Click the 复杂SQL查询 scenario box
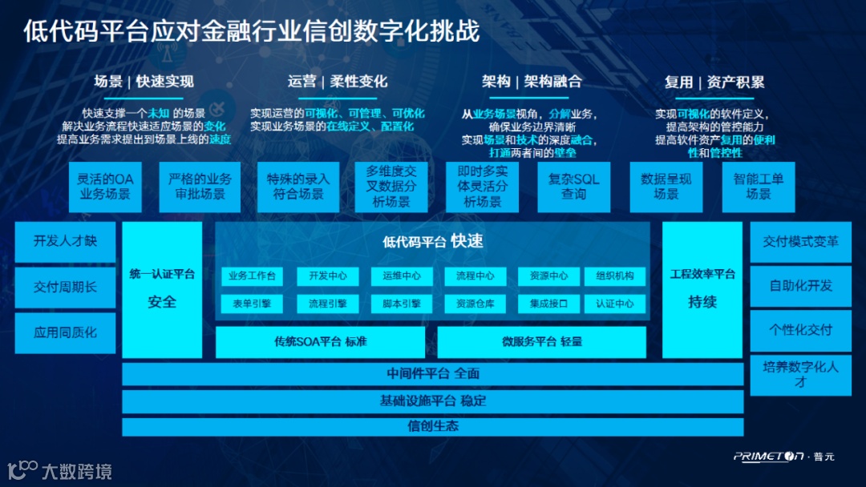click(x=573, y=187)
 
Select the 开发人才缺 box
click(x=65, y=241)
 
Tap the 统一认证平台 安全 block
click(x=162, y=289)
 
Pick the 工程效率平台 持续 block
click(x=702, y=289)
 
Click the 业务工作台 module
click(x=252, y=276)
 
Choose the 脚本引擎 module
click(x=401, y=304)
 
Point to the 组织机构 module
click(x=615, y=276)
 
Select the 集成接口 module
click(x=548, y=304)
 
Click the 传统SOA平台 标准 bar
click(x=320, y=342)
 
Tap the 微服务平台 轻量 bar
click(x=541, y=342)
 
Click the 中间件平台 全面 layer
click(x=433, y=374)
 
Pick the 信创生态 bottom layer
click(x=433, y=426)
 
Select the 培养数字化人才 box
click(x=800, y=375)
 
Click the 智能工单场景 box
click(x=759, y=187)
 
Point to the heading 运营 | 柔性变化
click(x=338, y=82)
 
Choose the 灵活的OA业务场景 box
click(x=104, y=187)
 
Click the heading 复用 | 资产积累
click(x=714, y=82)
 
